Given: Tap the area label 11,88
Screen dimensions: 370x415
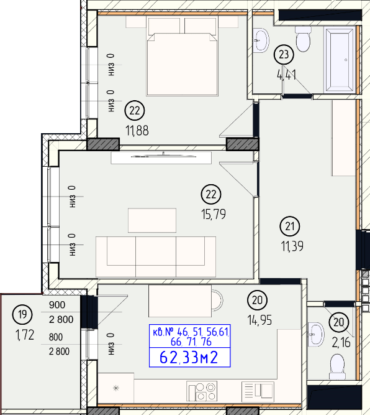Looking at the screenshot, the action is click(137, 131).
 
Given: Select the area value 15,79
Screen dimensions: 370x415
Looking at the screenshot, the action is click(214, 214).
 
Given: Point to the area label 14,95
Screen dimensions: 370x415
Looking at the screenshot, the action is click(259, 320).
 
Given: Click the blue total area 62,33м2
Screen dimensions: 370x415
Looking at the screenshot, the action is click(189, 358).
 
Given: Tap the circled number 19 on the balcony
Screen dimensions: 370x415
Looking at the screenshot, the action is click(22, 314).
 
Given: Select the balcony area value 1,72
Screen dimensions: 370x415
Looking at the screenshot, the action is click(25, 335).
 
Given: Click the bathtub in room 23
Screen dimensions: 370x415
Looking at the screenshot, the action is click(340, 59).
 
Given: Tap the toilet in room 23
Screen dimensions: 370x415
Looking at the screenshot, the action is click(303, 39).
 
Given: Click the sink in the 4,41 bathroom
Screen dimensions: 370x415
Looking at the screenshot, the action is click(261, 40).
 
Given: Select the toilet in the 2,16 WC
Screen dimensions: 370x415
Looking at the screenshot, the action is click(337, 367).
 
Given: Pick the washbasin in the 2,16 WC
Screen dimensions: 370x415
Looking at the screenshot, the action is click(316, 335).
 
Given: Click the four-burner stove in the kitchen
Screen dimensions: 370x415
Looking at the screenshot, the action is click(202, 391).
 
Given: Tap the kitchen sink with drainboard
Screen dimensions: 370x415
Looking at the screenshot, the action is click(258, 390).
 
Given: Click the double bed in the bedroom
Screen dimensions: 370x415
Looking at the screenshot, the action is click(183, 55).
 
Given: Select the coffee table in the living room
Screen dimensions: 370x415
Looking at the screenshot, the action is click(152, 220).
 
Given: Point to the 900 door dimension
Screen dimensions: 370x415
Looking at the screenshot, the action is click(57, 305).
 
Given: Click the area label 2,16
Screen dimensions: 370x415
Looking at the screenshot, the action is click(341, 343).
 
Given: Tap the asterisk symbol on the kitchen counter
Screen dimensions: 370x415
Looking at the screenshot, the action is click(116, 388).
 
